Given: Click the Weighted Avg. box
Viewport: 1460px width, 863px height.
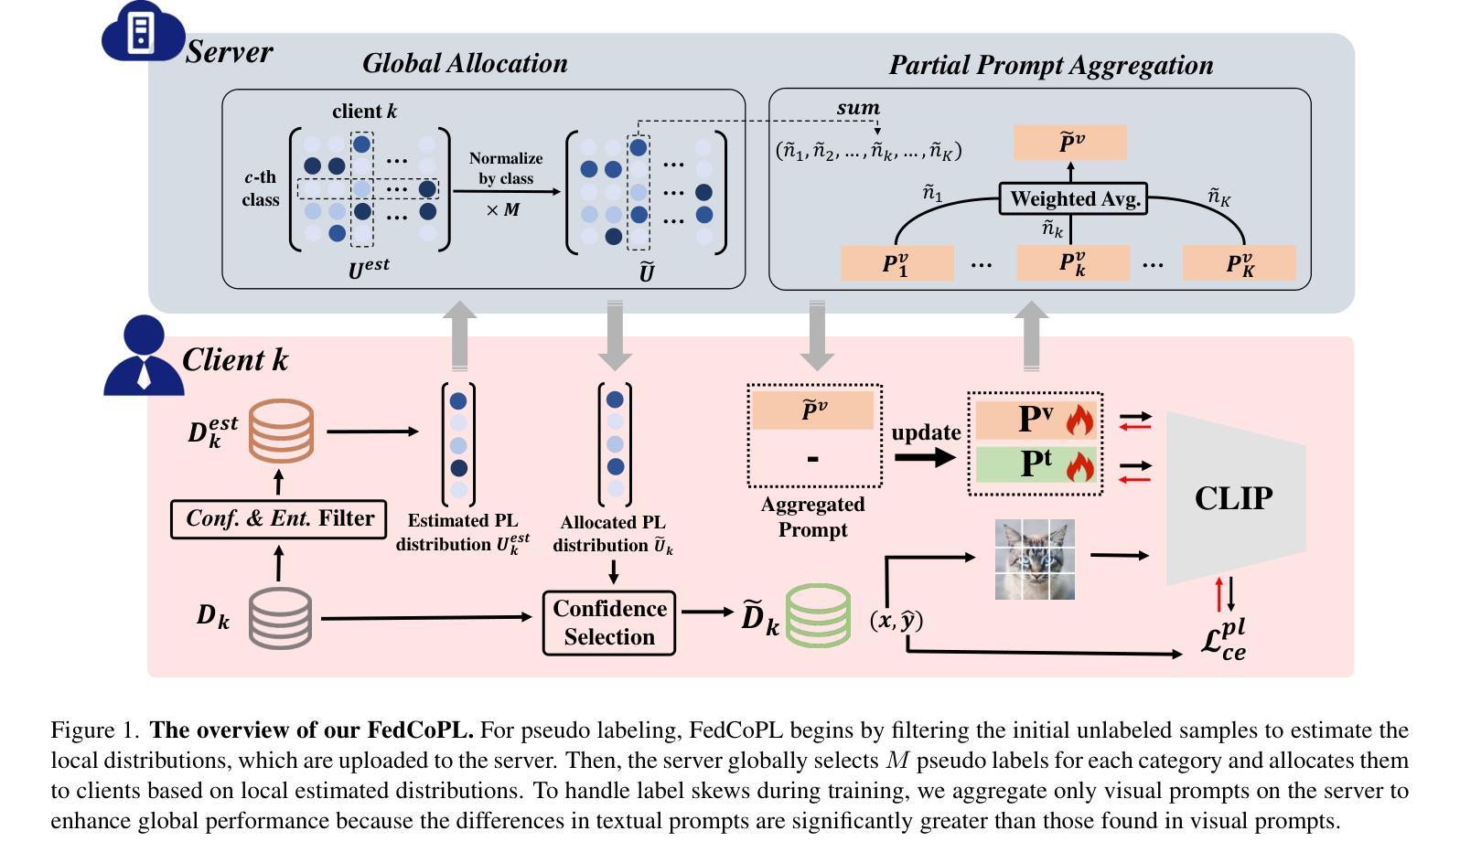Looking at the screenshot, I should [1072, 198].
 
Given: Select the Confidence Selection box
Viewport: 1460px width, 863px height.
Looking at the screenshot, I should [609, 623].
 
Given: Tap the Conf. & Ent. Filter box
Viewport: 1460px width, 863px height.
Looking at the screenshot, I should [279, 519].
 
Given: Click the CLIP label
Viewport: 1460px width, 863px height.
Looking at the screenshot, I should [1233, 498].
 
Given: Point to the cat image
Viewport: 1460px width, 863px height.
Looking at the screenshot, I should [1035, 559].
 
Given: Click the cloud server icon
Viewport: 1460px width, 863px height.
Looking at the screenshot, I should [142, 35].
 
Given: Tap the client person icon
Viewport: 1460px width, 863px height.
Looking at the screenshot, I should [144, 357].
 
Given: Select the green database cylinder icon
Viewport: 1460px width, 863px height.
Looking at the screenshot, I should [818, 616].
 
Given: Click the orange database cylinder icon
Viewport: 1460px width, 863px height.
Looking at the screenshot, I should [282, 431].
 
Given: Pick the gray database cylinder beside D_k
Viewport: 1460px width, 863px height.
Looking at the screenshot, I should [280, 618].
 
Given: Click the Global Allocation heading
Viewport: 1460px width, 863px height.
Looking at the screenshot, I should [465, 63].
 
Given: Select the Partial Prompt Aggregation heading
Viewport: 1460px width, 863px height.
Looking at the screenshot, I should [1051, 65].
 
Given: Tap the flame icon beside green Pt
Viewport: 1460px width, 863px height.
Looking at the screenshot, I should [1079, 465].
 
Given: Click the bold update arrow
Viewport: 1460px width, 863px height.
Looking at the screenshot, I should [925, 456].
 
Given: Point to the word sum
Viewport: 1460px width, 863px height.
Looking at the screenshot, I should [858, 108].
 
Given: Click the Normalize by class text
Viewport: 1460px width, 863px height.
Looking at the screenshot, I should [506, 169].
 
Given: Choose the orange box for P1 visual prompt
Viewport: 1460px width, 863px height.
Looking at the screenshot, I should [896, 263].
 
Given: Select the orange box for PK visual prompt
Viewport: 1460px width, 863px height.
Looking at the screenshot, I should [1240, 263].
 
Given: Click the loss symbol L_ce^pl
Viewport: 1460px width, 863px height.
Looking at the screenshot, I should [1224, 641].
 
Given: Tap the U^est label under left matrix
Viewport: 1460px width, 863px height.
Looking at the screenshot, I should [369, 269].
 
